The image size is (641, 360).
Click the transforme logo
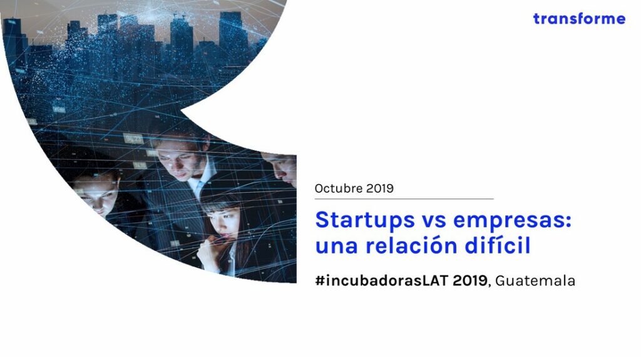579,19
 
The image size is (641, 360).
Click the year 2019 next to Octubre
380,188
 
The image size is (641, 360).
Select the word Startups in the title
365,221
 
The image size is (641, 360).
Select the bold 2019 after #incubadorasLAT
470,280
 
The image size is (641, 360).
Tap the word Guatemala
535,280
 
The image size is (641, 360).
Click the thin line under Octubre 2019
404,199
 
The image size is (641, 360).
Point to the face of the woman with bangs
223,223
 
